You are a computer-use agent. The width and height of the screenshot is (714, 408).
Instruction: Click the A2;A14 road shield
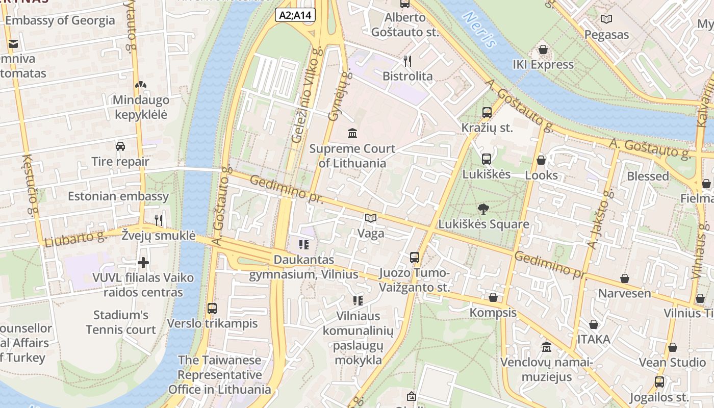(x=295, y=15)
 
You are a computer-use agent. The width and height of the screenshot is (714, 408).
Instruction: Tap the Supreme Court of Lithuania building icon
(x=352, y=134)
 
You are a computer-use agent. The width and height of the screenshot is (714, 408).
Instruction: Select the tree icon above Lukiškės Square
(x=483, y=209)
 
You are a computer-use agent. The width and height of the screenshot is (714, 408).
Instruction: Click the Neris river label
(x=479, y=30)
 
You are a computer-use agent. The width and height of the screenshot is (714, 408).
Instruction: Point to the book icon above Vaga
(x=371, y=218)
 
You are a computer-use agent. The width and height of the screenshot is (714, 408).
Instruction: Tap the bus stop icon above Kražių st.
(x=487, y=113)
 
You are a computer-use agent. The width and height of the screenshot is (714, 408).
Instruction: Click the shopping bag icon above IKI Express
(x=543, y=50)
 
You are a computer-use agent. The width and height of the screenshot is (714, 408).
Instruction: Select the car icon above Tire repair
(x=120, y=146)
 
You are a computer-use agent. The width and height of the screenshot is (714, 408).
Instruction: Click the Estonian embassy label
(x=118, y=196)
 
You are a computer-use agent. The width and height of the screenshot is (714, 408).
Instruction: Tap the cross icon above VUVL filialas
(x=143, y=263)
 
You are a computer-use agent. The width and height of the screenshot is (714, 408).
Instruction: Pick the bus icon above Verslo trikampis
(x=212, y=309)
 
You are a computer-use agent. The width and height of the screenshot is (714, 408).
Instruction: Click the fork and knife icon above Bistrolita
(x=407, y=61)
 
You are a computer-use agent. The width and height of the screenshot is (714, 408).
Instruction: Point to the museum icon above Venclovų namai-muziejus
(x=547, y=347)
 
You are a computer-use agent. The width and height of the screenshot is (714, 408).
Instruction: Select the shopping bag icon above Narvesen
(x=625, y=278)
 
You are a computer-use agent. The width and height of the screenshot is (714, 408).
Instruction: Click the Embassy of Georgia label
(x=60, y=21)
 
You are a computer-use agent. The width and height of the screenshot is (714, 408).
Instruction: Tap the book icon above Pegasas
(x=606, y=19)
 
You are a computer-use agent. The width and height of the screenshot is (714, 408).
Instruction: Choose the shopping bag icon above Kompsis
(x=493, y=297)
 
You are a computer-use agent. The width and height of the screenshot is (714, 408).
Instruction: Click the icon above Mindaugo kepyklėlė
(x=141, y=85)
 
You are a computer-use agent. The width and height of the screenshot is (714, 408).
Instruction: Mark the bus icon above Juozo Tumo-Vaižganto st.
(x=415, y=258)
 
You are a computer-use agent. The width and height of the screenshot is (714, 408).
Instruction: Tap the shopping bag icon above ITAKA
(x=594, y=324)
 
